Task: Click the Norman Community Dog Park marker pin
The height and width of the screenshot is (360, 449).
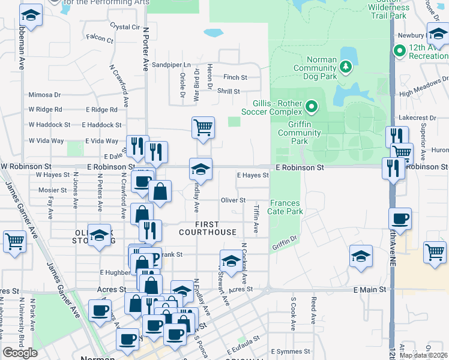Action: (345, 67)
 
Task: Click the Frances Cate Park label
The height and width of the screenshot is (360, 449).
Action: (286, 207)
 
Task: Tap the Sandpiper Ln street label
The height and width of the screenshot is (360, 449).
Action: (170, 65)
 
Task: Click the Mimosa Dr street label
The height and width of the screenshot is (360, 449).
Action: (45, 95)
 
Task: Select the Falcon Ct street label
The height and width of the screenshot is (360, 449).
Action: (100, 39)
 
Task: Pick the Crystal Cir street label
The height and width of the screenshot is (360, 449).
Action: (125, 27)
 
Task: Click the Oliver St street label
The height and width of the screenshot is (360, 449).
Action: (234, 200)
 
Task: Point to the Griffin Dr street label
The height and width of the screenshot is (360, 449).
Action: (285, 243)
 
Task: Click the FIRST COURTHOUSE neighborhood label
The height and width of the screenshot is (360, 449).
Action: (207, 227)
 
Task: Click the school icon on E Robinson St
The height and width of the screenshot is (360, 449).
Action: (201, 169)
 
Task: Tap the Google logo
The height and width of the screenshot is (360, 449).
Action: (20, 353)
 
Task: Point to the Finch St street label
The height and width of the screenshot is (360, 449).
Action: (235, 77)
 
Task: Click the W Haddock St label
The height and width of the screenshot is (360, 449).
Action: (50, 125)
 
